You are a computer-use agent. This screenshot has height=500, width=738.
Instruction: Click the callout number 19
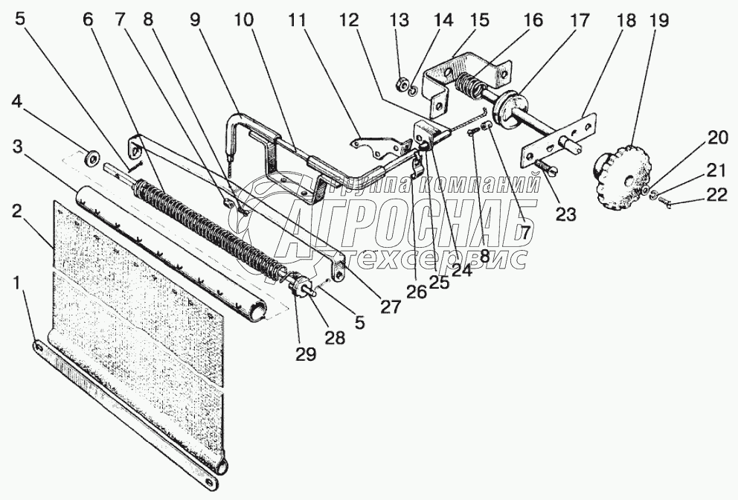point(655,21)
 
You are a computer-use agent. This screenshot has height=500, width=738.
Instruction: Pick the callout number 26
point(415,292)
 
